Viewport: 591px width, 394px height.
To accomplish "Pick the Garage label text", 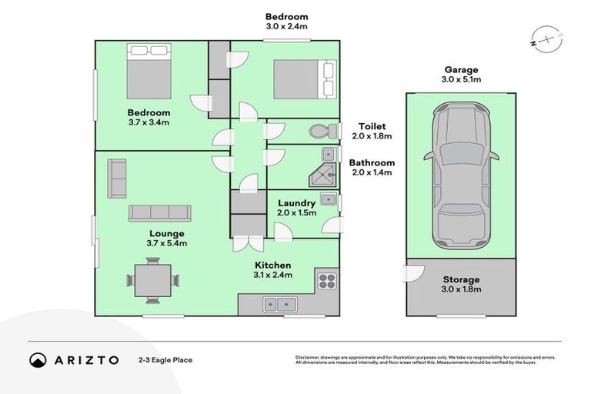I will click(460, 68).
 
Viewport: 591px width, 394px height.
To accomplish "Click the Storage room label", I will click(461, 279).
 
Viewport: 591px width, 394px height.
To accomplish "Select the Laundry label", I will click(296, 203).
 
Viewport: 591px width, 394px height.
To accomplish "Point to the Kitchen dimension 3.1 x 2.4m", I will click(274, 276).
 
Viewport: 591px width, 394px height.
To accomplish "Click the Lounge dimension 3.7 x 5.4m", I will click(167, 244).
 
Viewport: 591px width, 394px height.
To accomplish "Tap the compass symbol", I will click(546, 38).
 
